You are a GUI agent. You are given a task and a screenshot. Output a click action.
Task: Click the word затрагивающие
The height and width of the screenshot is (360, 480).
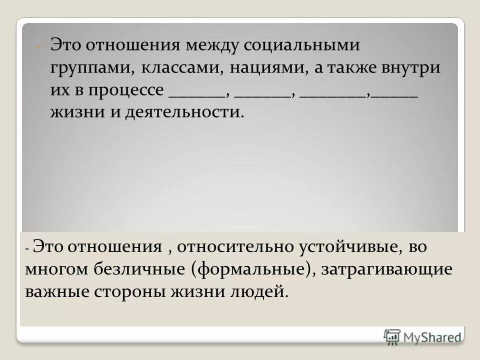pyautogui.click(x=387, y=269)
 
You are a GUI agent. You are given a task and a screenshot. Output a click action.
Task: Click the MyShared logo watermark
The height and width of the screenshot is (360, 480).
pyautogui.click(x=422, y=336)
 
